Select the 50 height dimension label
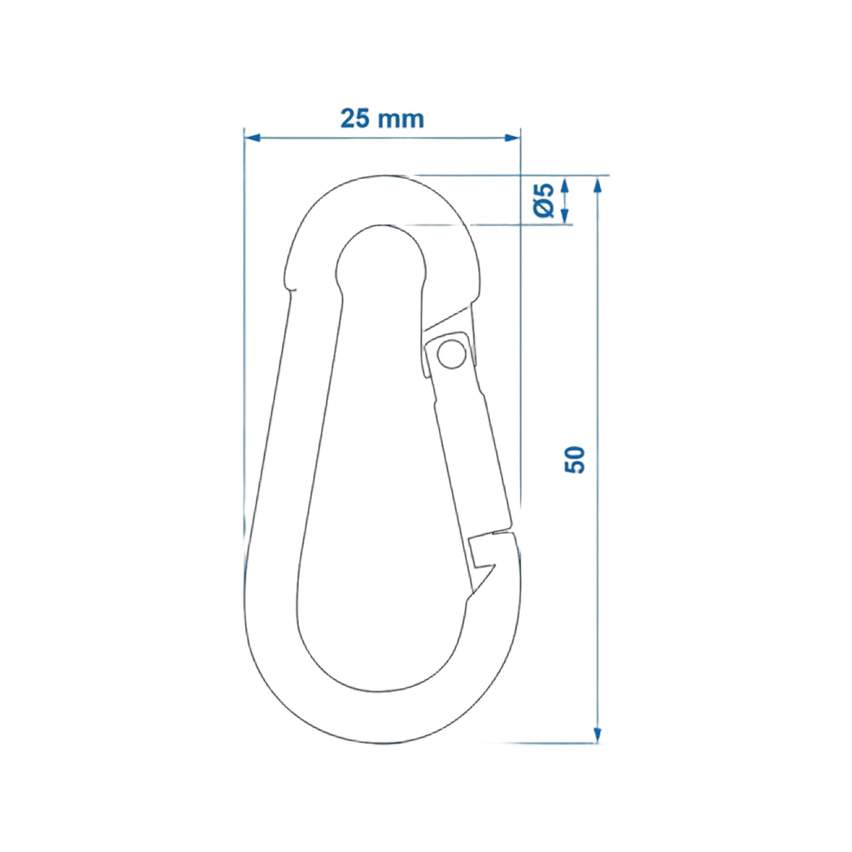coord(575,460)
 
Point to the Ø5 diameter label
coord(543,200)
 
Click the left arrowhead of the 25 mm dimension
coord(251,138)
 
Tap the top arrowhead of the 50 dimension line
coord(597,184)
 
